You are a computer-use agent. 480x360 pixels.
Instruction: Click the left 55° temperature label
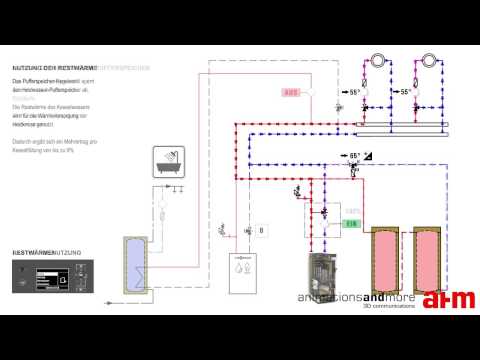354,92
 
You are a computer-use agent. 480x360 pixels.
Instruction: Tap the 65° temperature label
354,156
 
